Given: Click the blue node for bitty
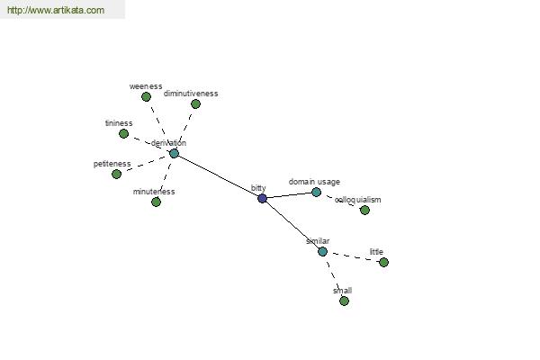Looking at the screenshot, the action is point(263,198).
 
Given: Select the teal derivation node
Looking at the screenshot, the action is point(175,154).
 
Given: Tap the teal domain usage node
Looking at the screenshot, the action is point(316,193).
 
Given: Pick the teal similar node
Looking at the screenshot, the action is point(322,251).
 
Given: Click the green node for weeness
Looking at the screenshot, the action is point(146,97).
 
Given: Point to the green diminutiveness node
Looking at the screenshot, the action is point(195,104).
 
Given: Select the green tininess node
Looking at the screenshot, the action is point(123,134).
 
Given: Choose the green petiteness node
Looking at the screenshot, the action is point(117,174).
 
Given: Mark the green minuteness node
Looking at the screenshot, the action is point(156,202).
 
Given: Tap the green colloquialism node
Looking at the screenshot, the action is point(364,210).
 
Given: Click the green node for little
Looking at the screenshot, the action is point(383,263).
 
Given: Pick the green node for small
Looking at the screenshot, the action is point(344,301).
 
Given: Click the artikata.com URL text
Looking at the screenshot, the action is point(56,10).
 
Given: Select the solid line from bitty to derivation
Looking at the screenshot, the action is point(219,176).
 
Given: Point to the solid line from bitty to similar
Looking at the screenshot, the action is point(292,225).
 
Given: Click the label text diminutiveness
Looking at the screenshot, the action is point(191,94).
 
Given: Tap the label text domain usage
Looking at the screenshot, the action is point(314,182).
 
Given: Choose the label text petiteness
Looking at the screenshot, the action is point(112,164).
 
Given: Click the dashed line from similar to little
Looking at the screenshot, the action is point(353,257).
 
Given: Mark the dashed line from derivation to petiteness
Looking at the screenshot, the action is point(146,164).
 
